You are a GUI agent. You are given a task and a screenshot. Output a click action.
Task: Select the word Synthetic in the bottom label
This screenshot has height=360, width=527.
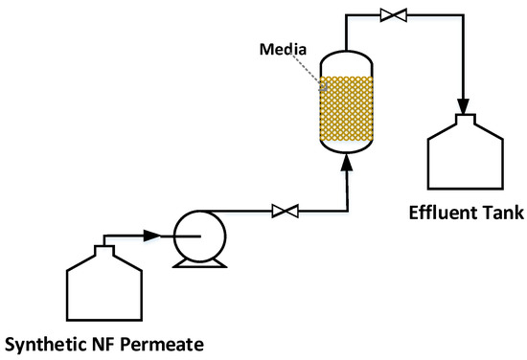pos(48,342)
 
